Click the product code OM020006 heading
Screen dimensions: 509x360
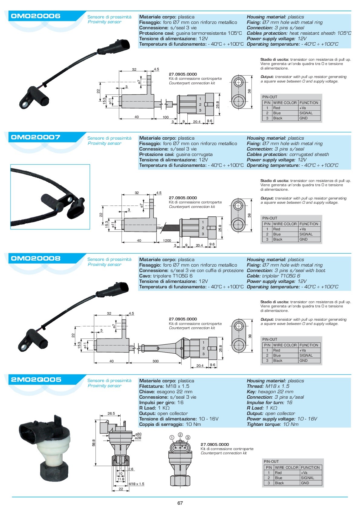click(x=36, y=16)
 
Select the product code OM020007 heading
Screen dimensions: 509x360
click(x=36, y=137)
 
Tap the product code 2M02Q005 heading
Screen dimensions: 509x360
click(x=36, y=380)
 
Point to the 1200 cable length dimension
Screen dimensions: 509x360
click(x=167, y=241)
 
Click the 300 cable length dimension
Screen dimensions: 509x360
click(x=155, y=361)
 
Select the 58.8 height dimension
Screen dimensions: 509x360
click(x=94, y=443)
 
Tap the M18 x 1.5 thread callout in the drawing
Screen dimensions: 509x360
click(x=136, y=484)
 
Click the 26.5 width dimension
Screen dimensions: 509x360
click(x=111, y=413)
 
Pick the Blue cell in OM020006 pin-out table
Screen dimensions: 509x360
click(x=277, y=113)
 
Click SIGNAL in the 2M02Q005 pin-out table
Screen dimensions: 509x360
click(x=307, y=478)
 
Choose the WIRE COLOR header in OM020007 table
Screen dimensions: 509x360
click(x=285, y=224)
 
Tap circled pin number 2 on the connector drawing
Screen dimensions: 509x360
click(x=180, y=435)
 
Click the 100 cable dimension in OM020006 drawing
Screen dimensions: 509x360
click(x=166, y=117)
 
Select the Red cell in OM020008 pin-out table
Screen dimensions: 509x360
click(x=277, y=350)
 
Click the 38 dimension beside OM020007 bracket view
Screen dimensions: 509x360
click(x=249, y=215)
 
